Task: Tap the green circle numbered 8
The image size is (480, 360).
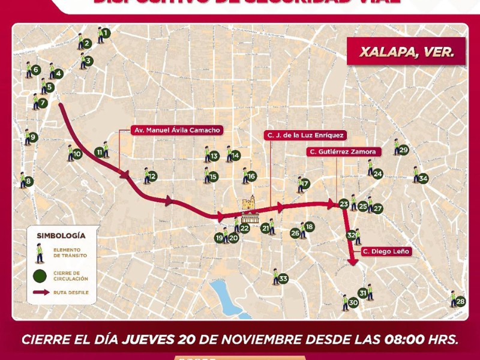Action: click(x=29, y=181)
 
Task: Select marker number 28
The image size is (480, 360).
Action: click(x=460, y=301)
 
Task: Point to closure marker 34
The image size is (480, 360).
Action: click(x=423, y=178)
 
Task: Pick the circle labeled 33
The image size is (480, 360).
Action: click(x=283, y=278)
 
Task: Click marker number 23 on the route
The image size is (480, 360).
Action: click(x=343, y=204)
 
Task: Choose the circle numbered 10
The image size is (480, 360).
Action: click(x=77, y=154)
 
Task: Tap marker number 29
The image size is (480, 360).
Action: click(x=403, y=150)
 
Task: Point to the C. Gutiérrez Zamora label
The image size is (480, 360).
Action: click(x=343, y=152)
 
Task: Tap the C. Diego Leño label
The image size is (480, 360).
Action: click(x=386, y=251)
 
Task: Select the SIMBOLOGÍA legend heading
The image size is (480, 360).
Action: click(x=61, y=236)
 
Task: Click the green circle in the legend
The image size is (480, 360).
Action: click(x=40, y=276)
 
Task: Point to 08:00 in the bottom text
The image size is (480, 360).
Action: click(x=374, y=339)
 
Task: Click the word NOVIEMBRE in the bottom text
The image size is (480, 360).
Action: click(x=258, y=339)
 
